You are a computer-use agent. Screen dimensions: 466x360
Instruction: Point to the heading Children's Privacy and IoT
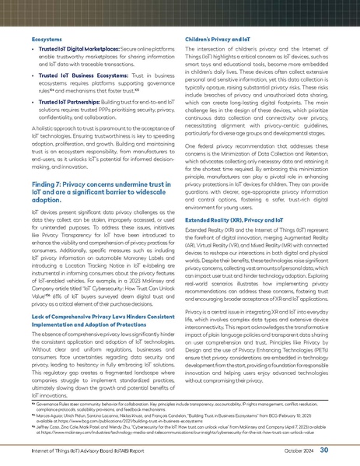(x=218, y=38)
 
